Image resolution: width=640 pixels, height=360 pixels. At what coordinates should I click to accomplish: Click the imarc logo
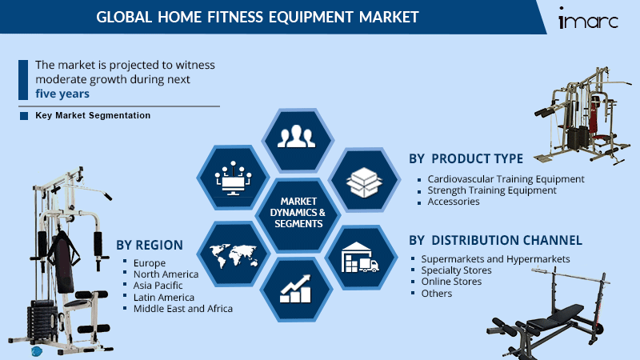tap(588, 18)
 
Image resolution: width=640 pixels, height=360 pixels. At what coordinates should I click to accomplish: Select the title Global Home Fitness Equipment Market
tap(258, 17)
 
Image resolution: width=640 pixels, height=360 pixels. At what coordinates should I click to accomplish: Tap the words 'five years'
tap(62, 94)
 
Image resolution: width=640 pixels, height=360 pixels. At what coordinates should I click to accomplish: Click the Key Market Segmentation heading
tap(93, 115)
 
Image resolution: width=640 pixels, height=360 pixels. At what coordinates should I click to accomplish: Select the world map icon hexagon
tap(234, 254)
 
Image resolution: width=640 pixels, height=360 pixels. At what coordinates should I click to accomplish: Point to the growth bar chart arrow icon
tap(295, 289)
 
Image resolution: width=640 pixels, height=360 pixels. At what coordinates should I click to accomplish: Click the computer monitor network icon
tap(233, 178)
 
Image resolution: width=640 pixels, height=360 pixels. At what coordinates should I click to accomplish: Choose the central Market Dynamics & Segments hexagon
tap(298, 213)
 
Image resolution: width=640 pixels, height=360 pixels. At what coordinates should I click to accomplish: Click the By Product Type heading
tap(466, 158)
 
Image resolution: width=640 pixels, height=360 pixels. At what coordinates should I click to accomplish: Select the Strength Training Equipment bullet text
tap(492, 190)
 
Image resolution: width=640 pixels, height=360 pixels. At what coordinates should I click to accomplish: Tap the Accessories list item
tap(454, 202)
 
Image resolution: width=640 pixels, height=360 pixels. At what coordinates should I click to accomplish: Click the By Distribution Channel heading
tap(495, 241)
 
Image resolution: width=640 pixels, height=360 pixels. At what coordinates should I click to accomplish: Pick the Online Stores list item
tap(451, 282)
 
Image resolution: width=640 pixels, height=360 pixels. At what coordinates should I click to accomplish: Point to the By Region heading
tap(150, 245)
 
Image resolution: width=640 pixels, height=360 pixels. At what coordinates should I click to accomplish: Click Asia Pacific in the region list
tap(158, 286)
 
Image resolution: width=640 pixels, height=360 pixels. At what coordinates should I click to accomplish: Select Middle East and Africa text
tap(183, 309)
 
